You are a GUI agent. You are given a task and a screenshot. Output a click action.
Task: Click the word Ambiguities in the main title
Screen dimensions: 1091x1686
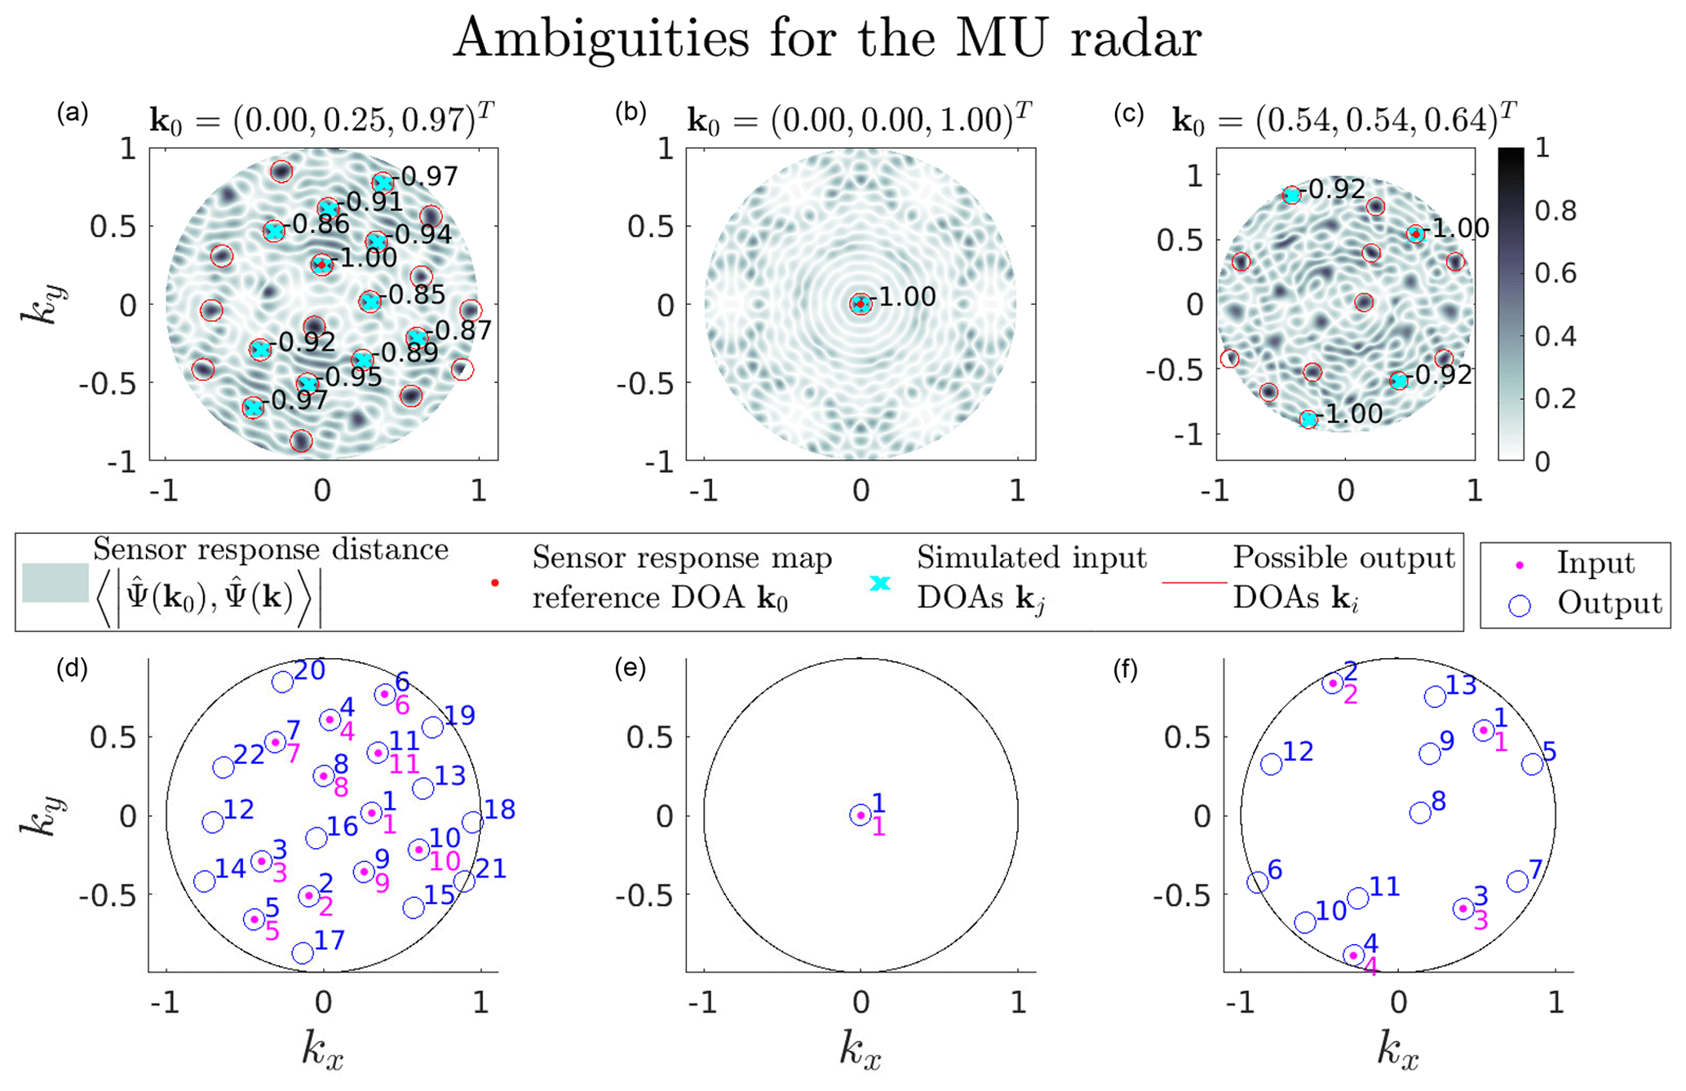[x=600, y=38]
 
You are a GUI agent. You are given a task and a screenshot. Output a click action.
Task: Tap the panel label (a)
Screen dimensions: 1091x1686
[x=73, y=113]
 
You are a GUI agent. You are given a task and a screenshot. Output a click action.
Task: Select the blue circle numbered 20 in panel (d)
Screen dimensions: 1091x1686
[x=282, y=682]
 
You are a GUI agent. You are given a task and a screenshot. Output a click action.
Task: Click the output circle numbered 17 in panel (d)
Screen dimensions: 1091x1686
[x=303, y=952]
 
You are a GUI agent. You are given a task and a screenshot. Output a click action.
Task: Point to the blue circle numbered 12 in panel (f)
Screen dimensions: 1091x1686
[x=1271, y=764]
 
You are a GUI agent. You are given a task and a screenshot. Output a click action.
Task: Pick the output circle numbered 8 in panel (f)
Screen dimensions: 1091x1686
[x=1420, y=812]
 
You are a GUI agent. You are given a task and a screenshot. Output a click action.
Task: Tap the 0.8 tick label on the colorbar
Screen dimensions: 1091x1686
[x=1555, y=211]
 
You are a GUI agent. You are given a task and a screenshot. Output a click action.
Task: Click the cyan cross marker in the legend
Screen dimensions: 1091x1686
[x=880, y=583]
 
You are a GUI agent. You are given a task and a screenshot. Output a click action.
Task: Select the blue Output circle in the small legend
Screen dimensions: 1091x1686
[x=1520, y=605]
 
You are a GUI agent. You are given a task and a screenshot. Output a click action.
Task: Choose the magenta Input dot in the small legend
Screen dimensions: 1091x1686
[x=1520, y=564]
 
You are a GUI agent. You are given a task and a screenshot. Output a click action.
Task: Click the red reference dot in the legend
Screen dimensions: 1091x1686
[x=495, y=583]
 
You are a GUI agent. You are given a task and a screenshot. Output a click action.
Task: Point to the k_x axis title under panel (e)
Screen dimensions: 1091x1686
[x=861, y=1049]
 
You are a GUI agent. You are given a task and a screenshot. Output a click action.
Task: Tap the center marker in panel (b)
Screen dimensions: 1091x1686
[x=861, y=304]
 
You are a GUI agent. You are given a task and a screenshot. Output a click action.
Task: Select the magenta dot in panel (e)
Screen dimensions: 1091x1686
[x=861, y=815]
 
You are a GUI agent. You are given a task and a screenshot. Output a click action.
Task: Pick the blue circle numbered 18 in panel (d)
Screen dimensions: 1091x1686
[x=472, y=822]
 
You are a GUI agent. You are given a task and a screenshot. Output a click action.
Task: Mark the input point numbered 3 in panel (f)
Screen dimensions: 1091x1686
[x=1463, y=908]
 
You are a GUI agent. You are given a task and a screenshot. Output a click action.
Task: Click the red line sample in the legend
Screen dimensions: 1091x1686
[x=1194, y=583]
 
